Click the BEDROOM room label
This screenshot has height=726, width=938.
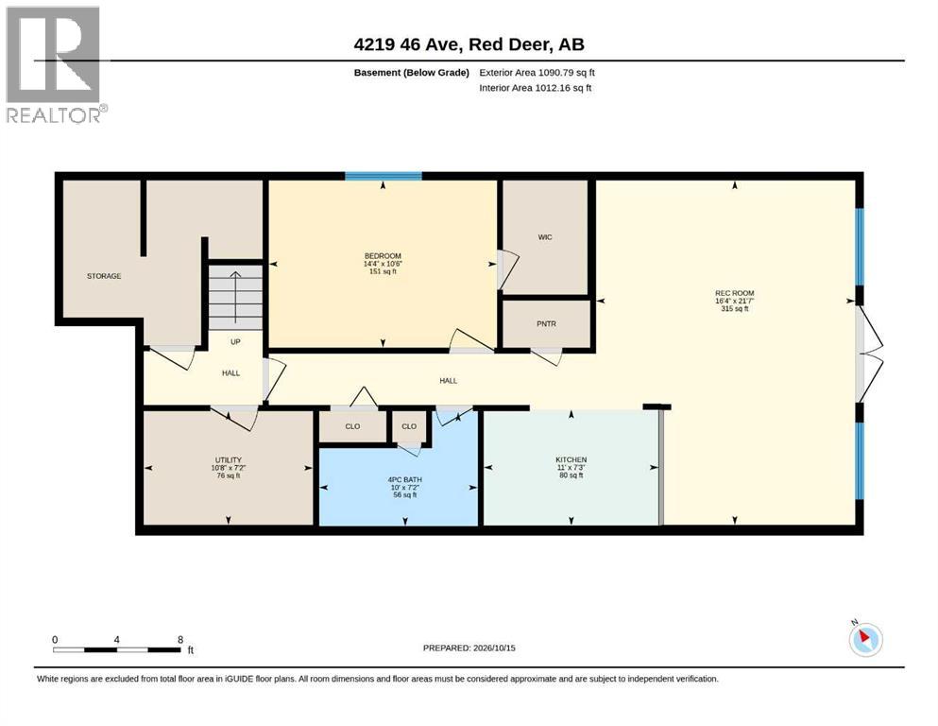[383, 255]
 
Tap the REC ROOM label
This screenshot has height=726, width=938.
[735, 293]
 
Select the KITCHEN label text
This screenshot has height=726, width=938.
[571, 459]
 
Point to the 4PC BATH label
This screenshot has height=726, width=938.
[405, 479]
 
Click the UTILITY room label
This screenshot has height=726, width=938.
[229, 460]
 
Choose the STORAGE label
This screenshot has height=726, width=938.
[104, 276]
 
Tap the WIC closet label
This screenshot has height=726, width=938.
[545, 237]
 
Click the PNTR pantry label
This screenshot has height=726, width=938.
[546, 324]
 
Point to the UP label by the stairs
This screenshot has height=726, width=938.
[236, 342]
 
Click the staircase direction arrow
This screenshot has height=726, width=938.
[236, 296]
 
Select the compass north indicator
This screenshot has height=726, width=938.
[865, 639]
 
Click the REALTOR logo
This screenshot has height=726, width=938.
[57, 64]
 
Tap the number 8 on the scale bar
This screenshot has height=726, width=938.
[180, 640]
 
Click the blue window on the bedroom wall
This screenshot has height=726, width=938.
[384, 176]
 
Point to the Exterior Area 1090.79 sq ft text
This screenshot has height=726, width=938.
[537, 73]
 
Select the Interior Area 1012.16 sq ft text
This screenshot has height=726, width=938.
[536, 88]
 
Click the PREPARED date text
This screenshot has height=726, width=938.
[469, 648]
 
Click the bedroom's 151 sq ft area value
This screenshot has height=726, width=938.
[383, 271]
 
